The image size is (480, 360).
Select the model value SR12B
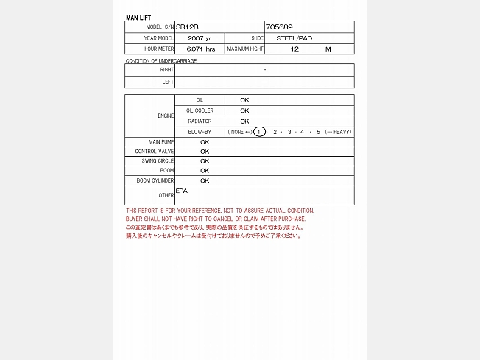(x=187, y=27)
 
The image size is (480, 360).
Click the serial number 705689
(x=279, y=27)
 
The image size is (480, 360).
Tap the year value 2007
(x=195, y=38)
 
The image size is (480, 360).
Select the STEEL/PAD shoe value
(x=294, y=38)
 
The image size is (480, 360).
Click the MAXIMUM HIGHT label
(x=245, y=49)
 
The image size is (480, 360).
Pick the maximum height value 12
(x=294, y=49)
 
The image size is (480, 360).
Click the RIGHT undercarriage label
(x=167, y=70)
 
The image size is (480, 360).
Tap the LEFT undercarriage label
(x=168, y=82)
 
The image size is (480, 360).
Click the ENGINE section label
(x=166, y=116)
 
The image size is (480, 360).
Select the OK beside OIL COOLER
(x=244, y=110)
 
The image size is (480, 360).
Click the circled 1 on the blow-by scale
(x=259, y=132)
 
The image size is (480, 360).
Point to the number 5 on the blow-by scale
(x=318, y=132)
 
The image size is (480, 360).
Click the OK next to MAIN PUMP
(x=205, y=142)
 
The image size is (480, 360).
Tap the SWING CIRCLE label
(x=158, y=160)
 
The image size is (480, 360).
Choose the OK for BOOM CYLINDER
(x=205, y=180)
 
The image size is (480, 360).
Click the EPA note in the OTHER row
(x=182, y=191)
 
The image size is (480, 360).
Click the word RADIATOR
(x=200, y=121)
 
